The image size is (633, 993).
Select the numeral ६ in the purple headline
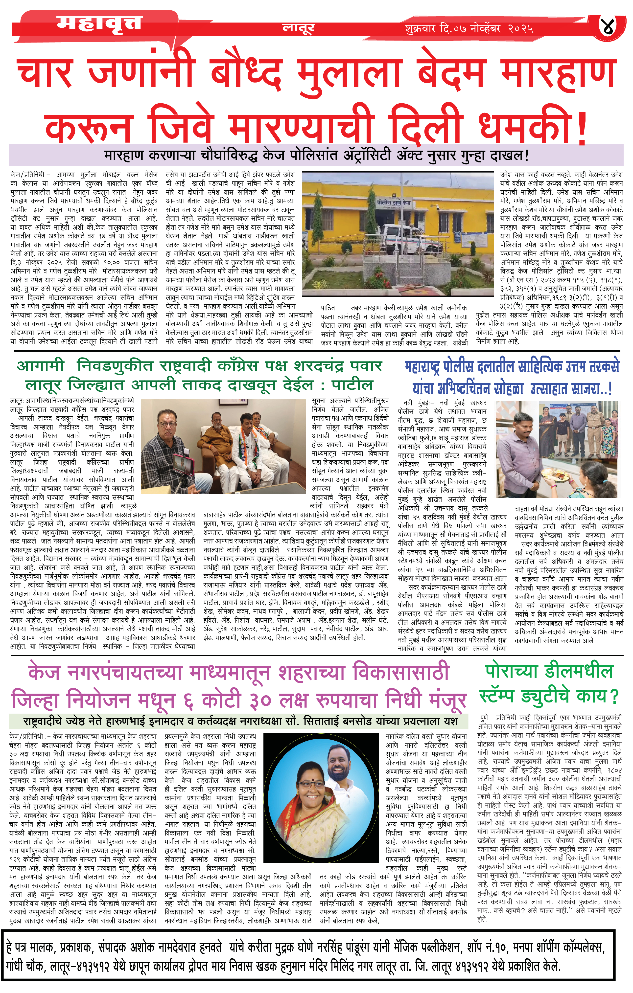click(x=188, y=701)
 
